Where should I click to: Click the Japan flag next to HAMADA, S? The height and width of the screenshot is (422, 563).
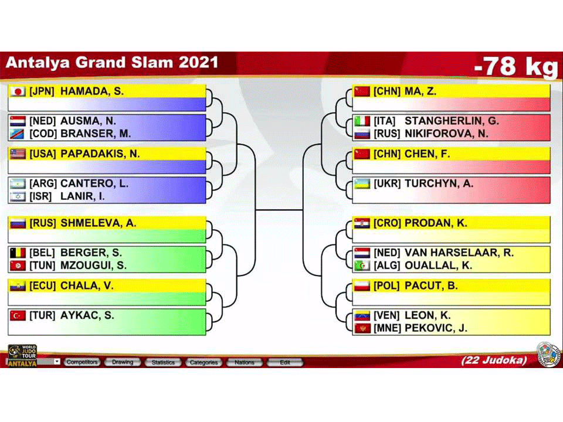click(18, 91)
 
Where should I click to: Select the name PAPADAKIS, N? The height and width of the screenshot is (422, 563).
click(100, 154)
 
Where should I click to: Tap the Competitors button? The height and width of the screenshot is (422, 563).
click(82, 362)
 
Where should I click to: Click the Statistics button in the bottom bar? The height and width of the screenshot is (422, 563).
click(163, 362)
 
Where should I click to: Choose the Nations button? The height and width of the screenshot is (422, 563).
click(244, 362)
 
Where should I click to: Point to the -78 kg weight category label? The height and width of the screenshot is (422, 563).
click(515, 66)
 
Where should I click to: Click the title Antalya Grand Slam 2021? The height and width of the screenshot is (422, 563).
click(112, 63)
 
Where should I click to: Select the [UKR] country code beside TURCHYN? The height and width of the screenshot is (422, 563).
click(386, 183)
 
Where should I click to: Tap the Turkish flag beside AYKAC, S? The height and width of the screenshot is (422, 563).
click(18, 315)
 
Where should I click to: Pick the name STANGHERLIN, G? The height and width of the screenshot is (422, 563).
click(452, 121)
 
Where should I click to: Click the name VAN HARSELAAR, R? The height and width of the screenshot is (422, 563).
click(459, 253)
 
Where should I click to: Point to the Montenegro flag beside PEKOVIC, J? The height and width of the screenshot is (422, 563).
click(362, 328)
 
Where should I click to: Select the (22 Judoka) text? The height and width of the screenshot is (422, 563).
click(494, 360)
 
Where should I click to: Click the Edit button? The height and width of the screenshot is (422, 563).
click(285, 362)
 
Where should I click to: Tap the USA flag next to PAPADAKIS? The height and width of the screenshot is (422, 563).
click(18, 154)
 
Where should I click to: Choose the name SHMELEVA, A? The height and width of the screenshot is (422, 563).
click(98, 223)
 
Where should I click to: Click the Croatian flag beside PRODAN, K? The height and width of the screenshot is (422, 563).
click(362, 223)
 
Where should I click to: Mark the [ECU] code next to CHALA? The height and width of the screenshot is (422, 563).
click(42, 286)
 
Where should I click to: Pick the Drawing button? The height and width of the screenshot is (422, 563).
click(123, 362)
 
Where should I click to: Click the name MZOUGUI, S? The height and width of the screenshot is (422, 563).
click(93, 266)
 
